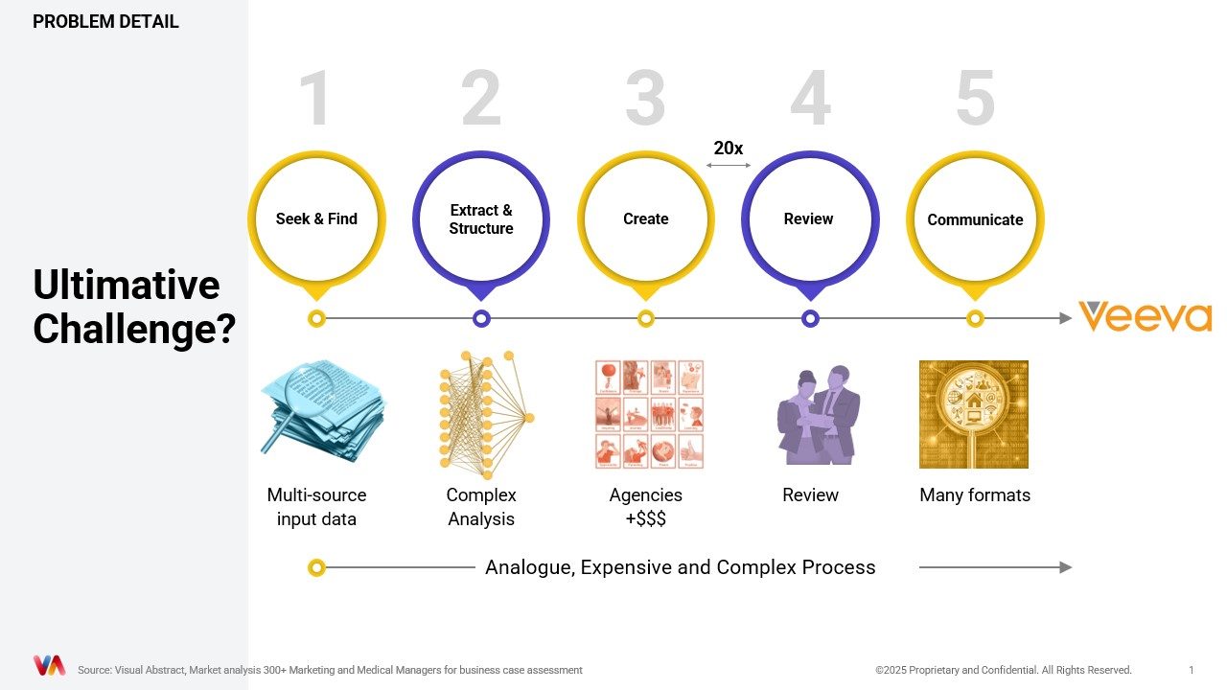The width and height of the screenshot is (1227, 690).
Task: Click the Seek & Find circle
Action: tap(316, 219)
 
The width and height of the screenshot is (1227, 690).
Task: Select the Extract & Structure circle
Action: tap(481, 219)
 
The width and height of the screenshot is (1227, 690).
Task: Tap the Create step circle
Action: tap(646, 219)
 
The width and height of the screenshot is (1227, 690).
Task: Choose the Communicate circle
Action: tap(975, 219)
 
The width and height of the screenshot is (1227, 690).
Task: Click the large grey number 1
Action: tap(315, 99)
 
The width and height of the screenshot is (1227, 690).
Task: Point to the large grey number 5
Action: tap(975, 99)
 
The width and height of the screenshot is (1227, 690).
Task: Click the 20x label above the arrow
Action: tap(729, 149)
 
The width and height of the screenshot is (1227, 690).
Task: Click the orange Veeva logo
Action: tap(1145, 317)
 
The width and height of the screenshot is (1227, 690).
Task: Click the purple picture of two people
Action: tap(818, 414)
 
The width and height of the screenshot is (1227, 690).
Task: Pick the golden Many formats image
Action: tap(974, 414)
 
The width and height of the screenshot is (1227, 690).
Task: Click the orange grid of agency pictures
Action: tap(649, 414)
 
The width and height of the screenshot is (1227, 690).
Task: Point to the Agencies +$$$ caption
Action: tap(646, 507)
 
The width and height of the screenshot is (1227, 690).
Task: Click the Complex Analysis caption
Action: tap(481, 507)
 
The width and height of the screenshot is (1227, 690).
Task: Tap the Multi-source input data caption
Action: tap(316, 507)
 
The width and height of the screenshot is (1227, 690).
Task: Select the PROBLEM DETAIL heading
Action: tap(105, 21)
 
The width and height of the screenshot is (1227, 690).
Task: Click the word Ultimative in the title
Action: tap(127, 286)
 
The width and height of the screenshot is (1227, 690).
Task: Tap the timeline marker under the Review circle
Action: tap(810, 318)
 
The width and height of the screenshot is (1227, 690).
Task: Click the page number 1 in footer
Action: tap(1191, 670)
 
